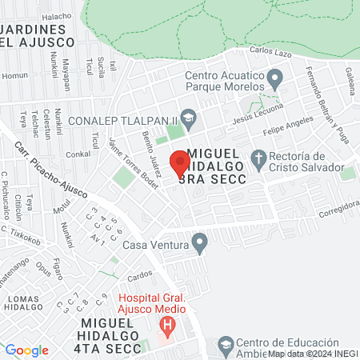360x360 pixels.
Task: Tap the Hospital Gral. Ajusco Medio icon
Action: pos(167,325)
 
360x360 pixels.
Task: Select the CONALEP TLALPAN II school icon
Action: pos(189,117)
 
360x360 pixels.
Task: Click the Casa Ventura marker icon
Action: pos(200,241)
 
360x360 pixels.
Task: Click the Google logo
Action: pos(26,350)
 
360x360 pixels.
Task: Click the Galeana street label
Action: pos(350,77)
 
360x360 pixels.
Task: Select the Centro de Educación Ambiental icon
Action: pos(226,344)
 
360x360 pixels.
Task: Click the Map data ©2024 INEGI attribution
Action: pos(313,353)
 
